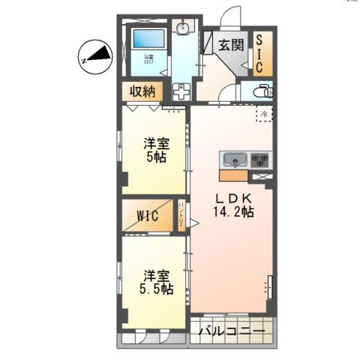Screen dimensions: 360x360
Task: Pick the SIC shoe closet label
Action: click(259, 53)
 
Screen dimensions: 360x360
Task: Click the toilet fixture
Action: click(262, 91)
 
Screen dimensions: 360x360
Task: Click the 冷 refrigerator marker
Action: click(263, 113)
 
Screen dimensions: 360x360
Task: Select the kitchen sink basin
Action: click(233, 160)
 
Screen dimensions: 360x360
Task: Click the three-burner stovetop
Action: click(259, 160)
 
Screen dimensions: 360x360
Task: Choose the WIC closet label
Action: click(147, 217)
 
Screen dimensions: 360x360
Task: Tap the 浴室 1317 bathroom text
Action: click(149, 59)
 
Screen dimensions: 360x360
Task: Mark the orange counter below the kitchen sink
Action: click(232, 175)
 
